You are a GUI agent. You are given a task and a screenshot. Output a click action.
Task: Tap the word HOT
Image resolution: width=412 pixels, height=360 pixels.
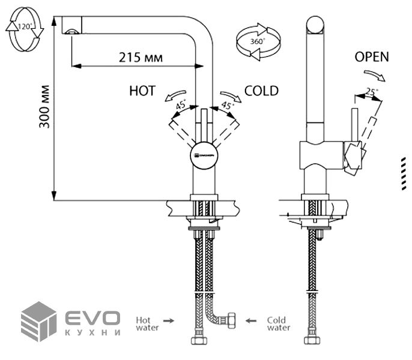pyautogui.click(x=142, y=91)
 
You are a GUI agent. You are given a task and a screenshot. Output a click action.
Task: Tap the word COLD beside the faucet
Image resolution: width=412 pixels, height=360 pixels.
pyautogui.click(x=261, y=91)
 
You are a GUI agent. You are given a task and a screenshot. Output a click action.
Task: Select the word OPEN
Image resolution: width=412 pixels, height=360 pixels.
pyautogui.click(x=372, y=58)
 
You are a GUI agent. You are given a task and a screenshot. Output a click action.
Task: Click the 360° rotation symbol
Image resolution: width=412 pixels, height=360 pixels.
pyautogui.click(x=256, y=42)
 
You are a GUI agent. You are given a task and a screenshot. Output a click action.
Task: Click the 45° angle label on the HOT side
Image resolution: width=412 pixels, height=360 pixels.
pyautogui.click(x=180, y=105)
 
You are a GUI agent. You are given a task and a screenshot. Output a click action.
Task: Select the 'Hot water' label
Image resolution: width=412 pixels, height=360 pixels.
pyautogui.click(x=147, y=323)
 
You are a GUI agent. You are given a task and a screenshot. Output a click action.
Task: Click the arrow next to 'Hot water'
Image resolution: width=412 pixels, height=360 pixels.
pyautogui.click(x=170, y=321)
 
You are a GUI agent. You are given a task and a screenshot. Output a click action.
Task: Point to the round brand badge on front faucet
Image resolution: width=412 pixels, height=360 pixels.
pyautogui.click(x=204, y=154)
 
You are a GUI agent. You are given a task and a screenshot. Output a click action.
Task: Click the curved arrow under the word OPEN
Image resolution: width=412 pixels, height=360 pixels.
pyautogui.click(x=374, y=74)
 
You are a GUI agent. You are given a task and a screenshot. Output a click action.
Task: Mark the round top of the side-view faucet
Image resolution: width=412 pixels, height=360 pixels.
pyautogui.click(x=316, y=26)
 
